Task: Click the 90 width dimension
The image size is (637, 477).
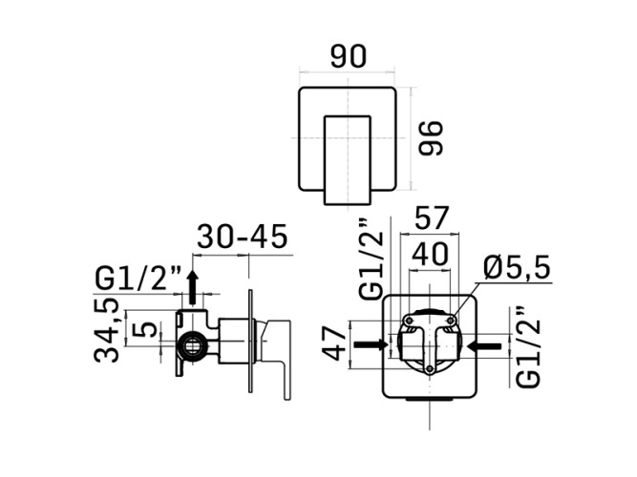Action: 349,56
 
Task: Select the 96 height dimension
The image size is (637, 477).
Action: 431,138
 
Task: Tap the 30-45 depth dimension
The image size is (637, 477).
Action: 243,237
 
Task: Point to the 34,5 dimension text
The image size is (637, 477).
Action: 107,330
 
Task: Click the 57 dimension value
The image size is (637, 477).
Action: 431,218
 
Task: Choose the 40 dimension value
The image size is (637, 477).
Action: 430,255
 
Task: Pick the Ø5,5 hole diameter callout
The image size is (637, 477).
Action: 517,268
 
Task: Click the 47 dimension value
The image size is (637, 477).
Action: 335,344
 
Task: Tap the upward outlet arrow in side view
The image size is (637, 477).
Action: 193,286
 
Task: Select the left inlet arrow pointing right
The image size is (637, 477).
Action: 372,344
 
